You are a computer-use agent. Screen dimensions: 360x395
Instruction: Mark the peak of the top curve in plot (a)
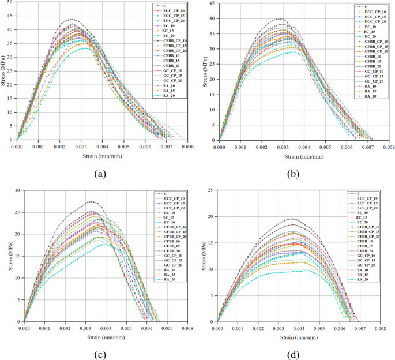pos(72,19)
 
